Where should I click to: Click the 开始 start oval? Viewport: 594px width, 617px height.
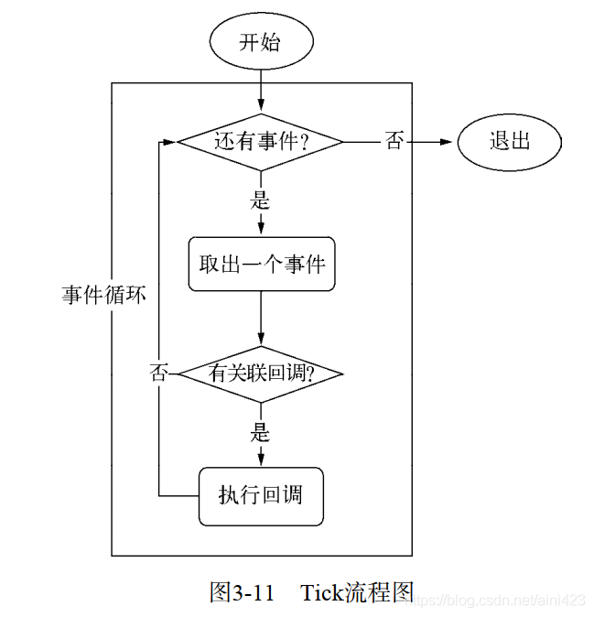tap(261, 43)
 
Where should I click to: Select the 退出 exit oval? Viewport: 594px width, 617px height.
tap(510, 142)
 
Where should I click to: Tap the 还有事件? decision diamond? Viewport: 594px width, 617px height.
tap(260, 142)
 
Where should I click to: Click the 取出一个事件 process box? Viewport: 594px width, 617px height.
tap(262, 265)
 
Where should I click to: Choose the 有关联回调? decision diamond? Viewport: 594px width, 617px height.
tap(261, 373)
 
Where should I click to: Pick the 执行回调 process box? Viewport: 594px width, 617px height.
tap(261, 495)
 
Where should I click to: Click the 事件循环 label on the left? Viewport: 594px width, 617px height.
tap(103, 295)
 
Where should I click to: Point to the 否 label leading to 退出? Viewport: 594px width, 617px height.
tap(394, 142)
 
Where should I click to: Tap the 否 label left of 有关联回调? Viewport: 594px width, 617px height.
tap(160, 373)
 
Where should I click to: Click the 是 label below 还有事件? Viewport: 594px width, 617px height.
tap(262, 200)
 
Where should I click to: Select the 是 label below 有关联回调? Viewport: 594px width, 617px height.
tap(262, 428)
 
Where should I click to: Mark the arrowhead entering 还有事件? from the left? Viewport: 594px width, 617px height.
tap(170, 142)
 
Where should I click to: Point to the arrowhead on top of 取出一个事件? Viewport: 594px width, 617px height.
tap(262, 232)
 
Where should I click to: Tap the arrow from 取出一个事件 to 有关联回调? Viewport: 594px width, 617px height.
tap(262, 320)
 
